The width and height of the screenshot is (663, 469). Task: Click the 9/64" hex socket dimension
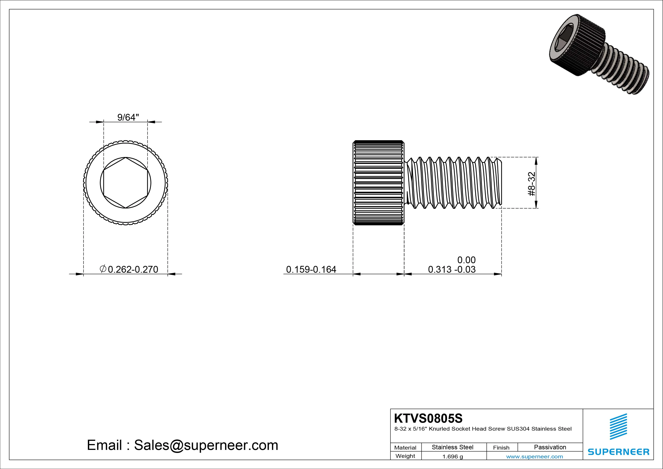[x=128, y=117]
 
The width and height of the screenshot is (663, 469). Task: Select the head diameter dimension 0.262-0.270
[x=133, y=269]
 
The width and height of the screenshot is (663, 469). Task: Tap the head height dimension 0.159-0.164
[x=311, y=269]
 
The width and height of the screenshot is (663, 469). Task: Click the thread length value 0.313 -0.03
[x=452, y=269]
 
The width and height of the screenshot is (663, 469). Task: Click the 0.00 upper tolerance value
[x=466, y=260]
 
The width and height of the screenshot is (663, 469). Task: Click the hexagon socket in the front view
[x=126, y=183]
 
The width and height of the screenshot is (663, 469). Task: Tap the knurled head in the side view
[x=378, y=183]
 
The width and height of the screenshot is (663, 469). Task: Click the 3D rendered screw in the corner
[x=598, y=54]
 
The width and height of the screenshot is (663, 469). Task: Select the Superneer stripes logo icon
[x=618, y=426]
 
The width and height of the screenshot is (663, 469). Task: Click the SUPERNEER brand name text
[x=618, y=452]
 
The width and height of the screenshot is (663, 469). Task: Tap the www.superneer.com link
[x=534, y=457]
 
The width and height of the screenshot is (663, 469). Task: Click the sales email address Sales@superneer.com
[x=206, y=445]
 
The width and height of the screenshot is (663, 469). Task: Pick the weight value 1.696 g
[x=452, y=457]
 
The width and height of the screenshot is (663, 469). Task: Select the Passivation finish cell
[x=550, y=447]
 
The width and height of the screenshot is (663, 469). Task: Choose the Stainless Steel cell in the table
[x=452, y=447]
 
